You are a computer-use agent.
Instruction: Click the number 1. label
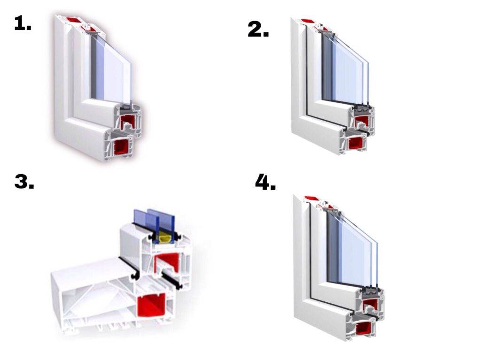[23, 23]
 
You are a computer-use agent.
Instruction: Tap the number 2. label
[258, 30]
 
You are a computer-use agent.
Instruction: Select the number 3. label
[24, 182]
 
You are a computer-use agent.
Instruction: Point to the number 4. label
[266, 183]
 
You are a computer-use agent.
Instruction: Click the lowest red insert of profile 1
[123, 147]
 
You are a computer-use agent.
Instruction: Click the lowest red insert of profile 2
[356, 144]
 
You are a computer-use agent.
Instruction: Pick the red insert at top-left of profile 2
[307, 21]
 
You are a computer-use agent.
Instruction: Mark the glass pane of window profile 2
[345, 69]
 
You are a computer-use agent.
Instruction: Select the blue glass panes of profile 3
[154, 225]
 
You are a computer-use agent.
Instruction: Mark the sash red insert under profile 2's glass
[362, 121]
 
